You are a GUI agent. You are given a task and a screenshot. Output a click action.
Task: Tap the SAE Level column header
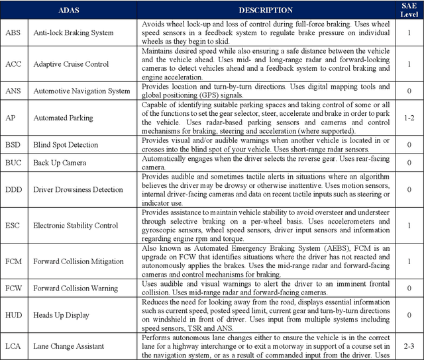(x=410, y=10)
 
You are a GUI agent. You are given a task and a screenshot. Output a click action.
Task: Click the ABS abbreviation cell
(x=13, y=32)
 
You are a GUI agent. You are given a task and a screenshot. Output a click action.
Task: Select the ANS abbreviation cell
(x=13, y=91)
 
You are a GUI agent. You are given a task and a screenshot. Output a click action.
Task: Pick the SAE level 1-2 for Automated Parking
(x=410, y=117)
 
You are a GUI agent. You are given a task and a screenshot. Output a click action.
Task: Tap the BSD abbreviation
(x=13, y=145)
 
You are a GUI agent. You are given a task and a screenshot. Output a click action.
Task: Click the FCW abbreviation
(x=14, y=289)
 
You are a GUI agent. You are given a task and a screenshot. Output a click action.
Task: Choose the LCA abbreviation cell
(x=13, y=346)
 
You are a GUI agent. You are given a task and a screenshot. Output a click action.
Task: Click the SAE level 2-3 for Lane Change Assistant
(x=410, y=346)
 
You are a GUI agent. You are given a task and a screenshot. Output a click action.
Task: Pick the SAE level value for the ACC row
(x=410, y=64)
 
